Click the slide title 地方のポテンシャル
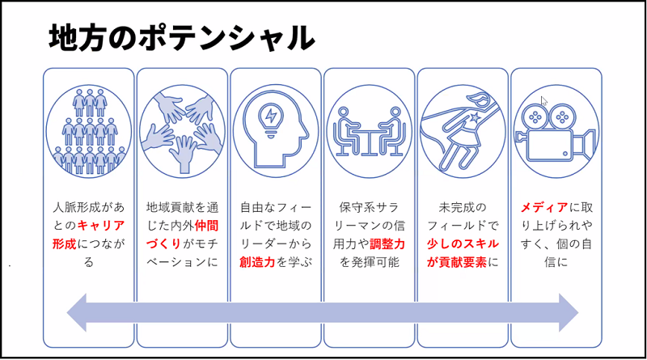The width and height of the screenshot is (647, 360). point(181,37)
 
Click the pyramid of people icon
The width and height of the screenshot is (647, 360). point(89,131)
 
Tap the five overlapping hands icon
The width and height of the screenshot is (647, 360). point(182,131)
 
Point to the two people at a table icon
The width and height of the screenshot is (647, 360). point(370,131)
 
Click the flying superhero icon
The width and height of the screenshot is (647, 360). point(463,131)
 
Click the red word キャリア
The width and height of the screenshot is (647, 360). point(100,226)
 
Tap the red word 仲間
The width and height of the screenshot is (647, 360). point(206,226)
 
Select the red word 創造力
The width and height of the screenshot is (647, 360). point(257,262)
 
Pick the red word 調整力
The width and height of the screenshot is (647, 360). point(387,244)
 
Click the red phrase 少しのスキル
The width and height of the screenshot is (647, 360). point(463,244)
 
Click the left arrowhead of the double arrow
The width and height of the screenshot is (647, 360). point(77,312)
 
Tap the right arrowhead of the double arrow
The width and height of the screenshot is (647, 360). point(569,312)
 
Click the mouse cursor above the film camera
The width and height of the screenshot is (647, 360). point(543,101)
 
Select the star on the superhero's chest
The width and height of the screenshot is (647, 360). point(475,117)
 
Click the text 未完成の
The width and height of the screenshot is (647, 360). point(463,207)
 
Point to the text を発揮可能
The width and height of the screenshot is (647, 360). point(370,262)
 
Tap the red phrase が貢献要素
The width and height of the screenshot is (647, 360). point(457,262)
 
